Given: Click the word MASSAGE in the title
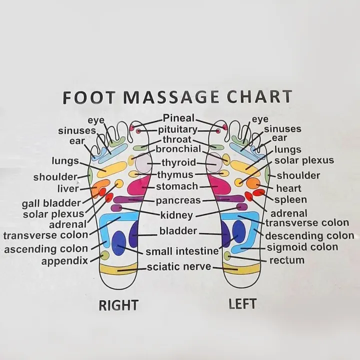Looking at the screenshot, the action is tap(171, 96).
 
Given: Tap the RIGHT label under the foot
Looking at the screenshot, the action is tap(118, 305).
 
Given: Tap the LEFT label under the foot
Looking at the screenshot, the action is tap(242, 304).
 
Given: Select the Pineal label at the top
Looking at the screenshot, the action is tap(178, 118).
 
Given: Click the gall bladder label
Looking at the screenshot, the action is tap(51, 203).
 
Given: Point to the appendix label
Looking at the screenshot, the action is tap(64, 261).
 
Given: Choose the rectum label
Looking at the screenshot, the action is tap(287, 260).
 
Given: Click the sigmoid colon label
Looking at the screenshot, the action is tap(302, 247).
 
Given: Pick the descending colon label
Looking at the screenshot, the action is tap(309, 236).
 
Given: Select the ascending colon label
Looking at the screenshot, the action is tap(46, 249).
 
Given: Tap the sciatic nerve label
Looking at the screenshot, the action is tap(179, 267).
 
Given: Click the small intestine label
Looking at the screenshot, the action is tap(182, 251).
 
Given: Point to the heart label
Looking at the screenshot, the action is tap(288, 188).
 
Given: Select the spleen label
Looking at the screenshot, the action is tap(290, 199).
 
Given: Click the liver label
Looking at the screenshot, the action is tap(68, 188).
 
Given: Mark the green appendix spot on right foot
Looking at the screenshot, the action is tap(104, 255).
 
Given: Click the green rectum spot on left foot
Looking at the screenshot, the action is tap(227, 256).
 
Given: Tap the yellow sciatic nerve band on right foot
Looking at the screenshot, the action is tap(118, 269).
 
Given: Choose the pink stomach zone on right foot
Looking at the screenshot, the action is tap(138, 185).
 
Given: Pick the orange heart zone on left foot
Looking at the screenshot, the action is tap(253, 183).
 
